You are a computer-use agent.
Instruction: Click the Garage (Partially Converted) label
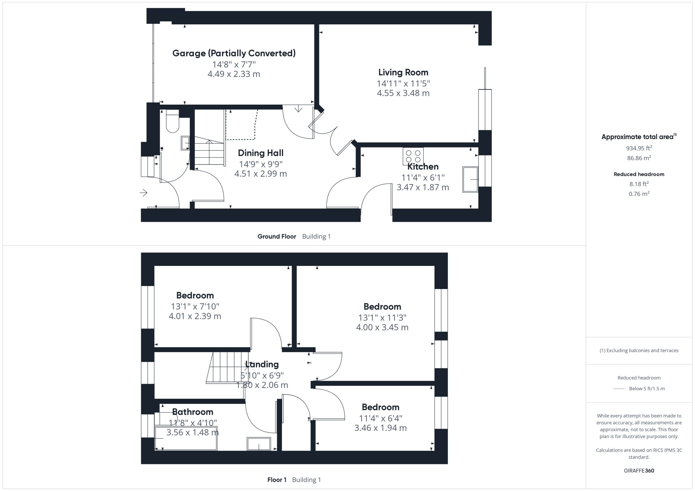click(x=234, y=53)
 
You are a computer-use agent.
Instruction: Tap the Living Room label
click(x=403, y=72)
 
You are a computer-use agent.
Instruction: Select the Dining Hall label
click(x=261, y=153)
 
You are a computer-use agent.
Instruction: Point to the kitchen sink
click(x=470, y=179)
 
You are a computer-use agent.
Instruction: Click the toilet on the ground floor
click(x=173, y=121)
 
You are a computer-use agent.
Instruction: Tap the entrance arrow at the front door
click(x=144, y=192)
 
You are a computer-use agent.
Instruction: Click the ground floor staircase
click(x=209, y=151)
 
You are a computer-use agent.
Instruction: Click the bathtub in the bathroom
click(x=186, y=438)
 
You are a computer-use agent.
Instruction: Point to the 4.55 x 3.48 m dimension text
click(x=403, y=93)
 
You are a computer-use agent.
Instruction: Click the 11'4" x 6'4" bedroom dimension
click(x=381, y=418)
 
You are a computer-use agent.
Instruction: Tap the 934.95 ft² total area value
click(x=639, y=148)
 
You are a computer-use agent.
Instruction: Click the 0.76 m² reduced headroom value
click(x=639, y=194)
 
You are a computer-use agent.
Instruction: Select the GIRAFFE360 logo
click(x=639, y=470)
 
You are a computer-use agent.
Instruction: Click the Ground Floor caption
click(x=277, y=236)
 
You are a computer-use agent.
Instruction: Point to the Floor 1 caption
click(x=277, y=480)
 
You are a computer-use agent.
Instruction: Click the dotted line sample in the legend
click(x=619, y=389)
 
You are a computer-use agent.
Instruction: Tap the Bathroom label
click(x=192, y=412)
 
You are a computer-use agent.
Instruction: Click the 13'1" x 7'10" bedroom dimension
click(x=195, y=307)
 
